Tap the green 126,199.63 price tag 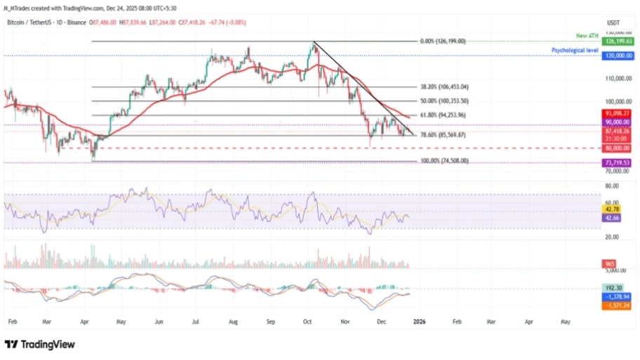618,41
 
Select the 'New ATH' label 587,36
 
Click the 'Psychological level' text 575,51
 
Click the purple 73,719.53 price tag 618,162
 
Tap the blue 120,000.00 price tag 618,55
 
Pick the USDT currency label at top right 613,22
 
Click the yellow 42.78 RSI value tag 612,208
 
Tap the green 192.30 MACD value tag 613,288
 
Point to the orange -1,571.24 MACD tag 617,306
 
